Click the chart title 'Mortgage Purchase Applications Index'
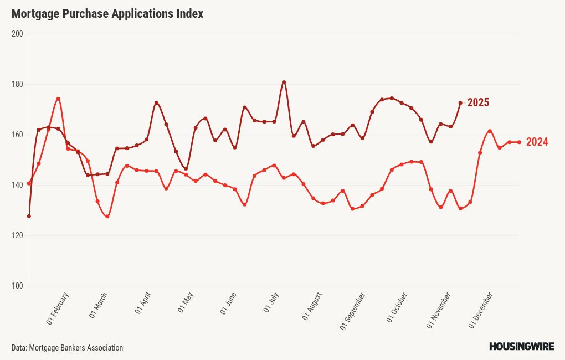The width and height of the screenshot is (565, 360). click(x=107, y=14)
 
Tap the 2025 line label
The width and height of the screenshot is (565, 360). click(x=478, y=102)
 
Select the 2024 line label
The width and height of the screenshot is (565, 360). click(x=537, y=142)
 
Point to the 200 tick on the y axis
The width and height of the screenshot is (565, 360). click(x=17, y=34)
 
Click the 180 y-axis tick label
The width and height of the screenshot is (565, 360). click(x=17, y=84)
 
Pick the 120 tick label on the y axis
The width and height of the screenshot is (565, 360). click(x=17, y=235)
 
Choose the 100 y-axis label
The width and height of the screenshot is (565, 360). click(x=17, y=286)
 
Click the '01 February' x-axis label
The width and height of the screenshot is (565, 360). click(x=58, y=309)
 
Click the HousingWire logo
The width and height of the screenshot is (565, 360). click(x=521, y=347)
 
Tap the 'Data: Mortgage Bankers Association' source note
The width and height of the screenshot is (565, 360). click(x=67, y=348)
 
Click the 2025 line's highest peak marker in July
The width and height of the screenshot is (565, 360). click(x=284, y=82)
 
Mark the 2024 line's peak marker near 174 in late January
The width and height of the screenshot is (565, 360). click(x=58, y=99)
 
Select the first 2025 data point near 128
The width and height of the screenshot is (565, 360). click(x=29, y=216)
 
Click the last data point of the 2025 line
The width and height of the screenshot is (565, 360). click(x=460, y=102)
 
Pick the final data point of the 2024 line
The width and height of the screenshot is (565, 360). click(x=519, y=142)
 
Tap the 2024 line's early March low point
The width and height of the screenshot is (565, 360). click(x=107, y=217)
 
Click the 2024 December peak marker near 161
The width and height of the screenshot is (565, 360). click(x=490, y=131)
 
